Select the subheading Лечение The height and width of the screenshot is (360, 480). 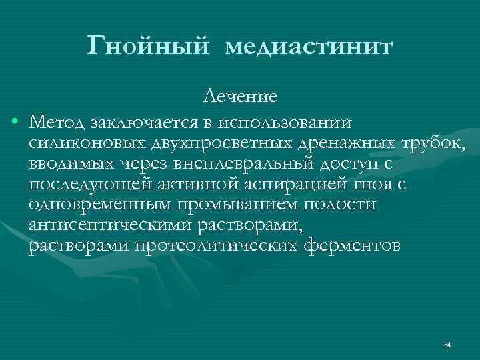[x=240, y=97]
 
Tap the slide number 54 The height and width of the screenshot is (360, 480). [x=447, y=345]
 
